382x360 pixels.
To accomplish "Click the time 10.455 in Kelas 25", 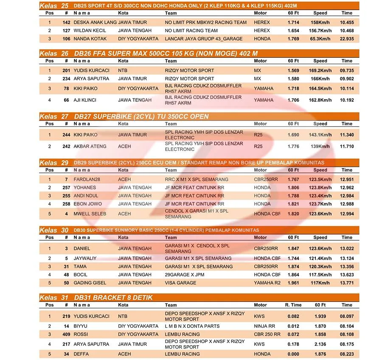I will click(347, 22).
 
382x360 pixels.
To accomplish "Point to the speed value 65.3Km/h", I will click(320, 39).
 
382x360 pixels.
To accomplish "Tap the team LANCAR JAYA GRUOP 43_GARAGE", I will click(203, 39).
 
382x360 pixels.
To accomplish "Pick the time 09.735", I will click(347, 70).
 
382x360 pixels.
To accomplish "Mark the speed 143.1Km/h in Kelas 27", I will click(320, 135).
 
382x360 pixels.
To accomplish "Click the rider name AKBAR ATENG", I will click(90, 146).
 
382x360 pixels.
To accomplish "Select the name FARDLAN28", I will click(87, 180).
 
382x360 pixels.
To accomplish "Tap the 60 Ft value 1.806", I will click(293, 188).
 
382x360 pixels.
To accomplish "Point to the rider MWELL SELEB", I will click(90, 214).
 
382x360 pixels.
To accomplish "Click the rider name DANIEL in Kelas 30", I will click(81, 249).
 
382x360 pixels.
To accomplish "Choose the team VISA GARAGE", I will click(180, 283).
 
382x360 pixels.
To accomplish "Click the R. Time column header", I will click(293, 305).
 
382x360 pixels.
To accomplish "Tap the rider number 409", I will click(66, 334).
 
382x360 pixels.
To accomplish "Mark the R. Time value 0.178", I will click(293, 344).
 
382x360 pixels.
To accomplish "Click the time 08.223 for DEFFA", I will click(347, 354).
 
